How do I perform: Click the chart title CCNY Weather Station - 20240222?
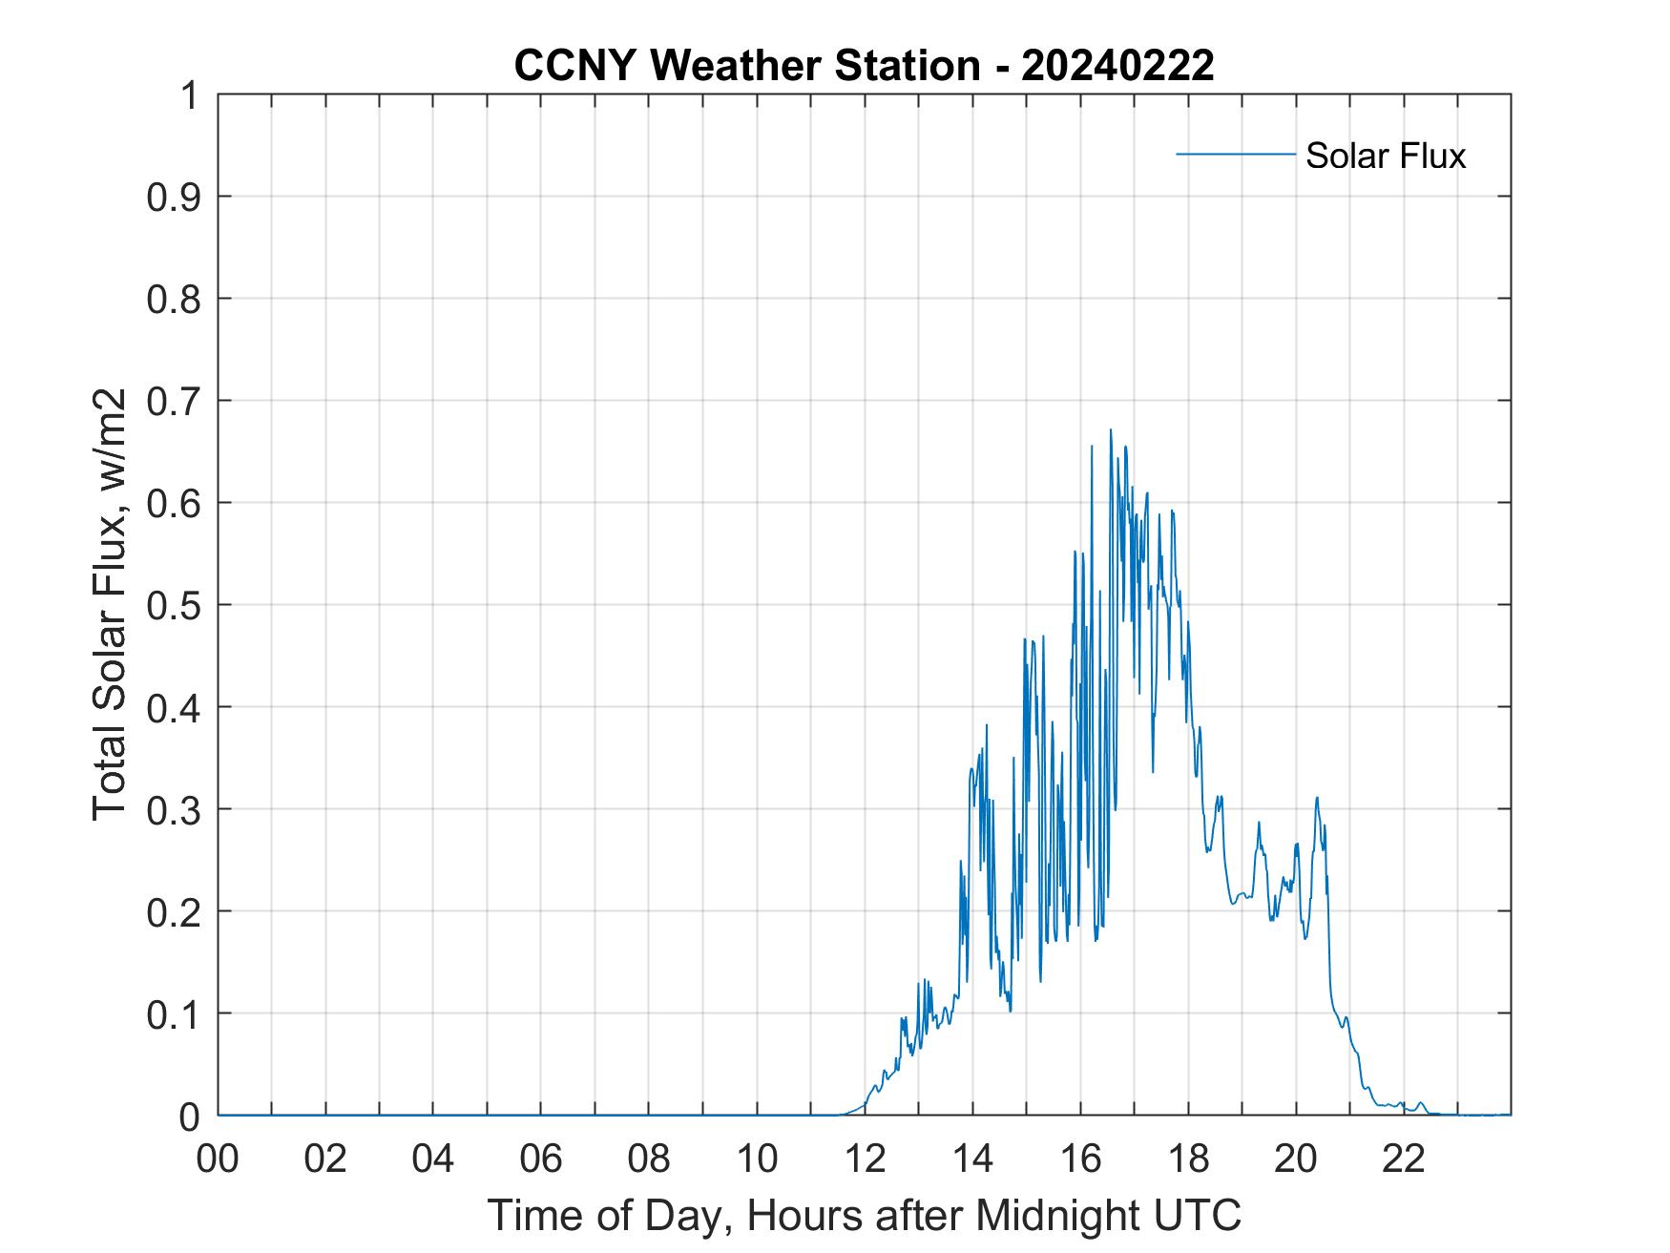864,66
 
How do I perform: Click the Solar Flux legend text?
1385,156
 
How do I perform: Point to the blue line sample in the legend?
1235,154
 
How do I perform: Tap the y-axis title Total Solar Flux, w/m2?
111,604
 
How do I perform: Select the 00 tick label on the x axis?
218,1159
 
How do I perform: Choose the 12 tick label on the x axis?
865,1159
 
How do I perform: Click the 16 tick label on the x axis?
1080,1159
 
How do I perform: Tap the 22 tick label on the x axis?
1404,1159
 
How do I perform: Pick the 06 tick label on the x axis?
541,1159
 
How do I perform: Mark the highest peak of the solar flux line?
1110,430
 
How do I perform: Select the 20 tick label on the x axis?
1296,1159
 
